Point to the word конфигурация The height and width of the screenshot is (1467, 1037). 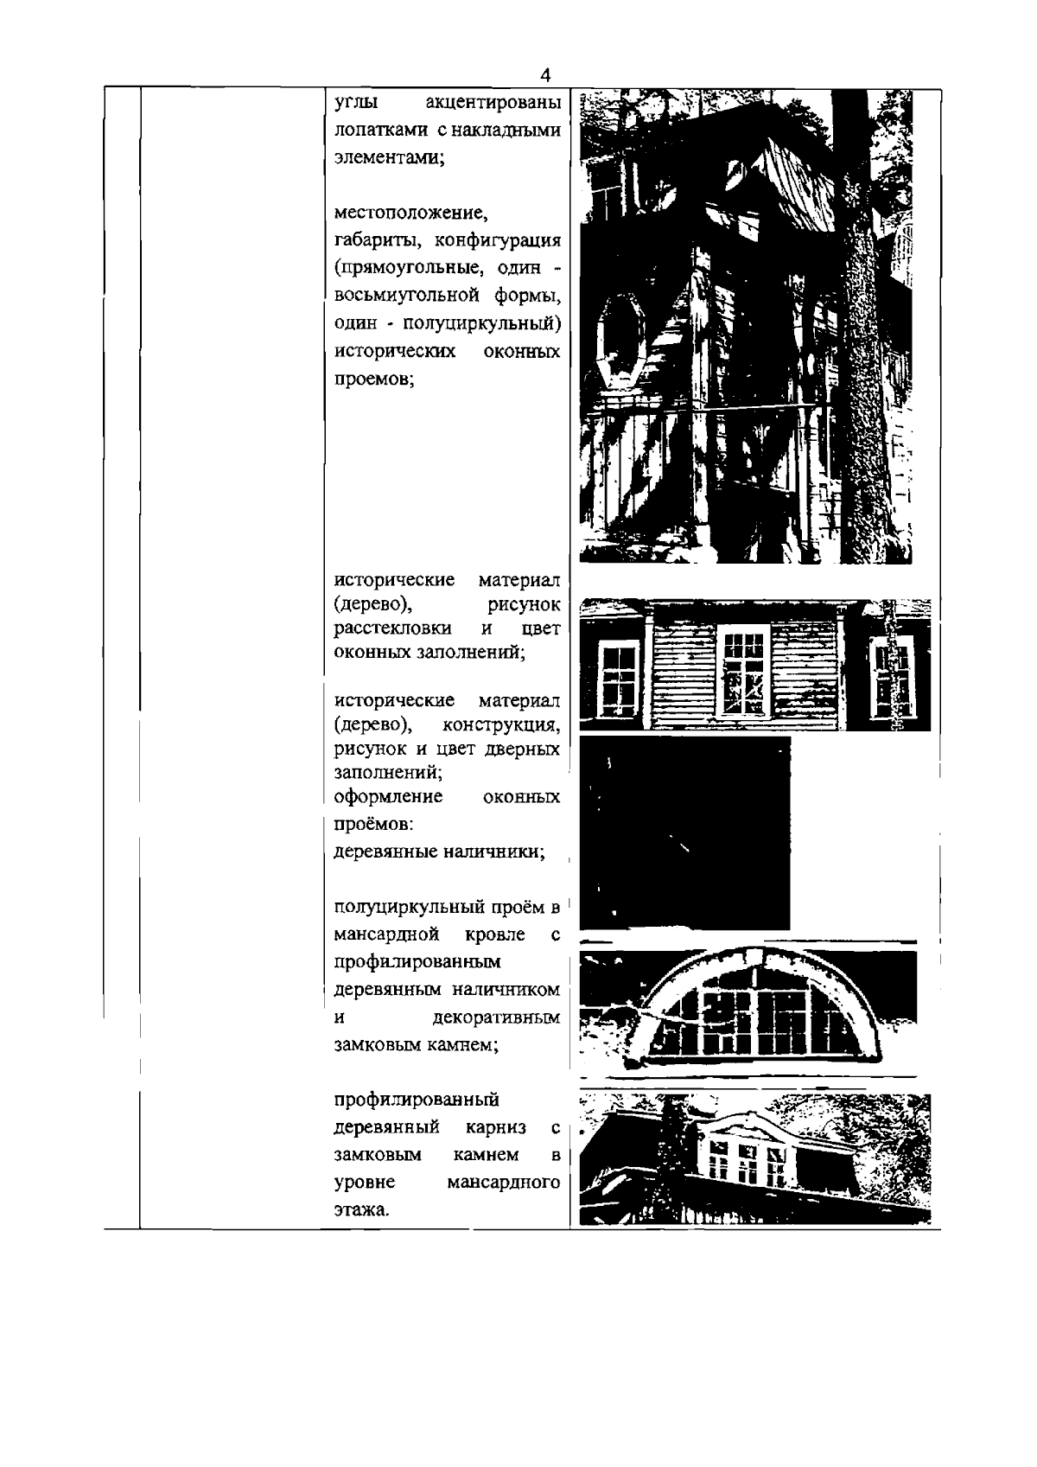505,239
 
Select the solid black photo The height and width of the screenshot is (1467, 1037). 684,833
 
